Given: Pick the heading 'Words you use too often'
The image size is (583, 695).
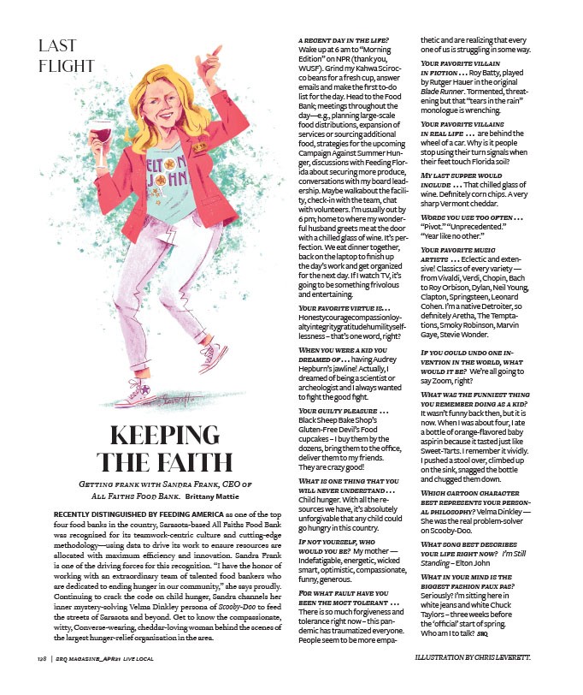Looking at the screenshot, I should [x=470, y=218].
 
